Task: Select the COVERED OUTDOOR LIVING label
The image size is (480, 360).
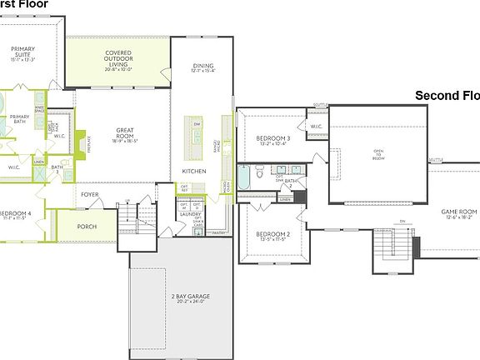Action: tap(117, 60)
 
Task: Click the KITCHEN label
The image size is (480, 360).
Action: tap(194, 171)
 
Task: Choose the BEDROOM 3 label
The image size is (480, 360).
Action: tap(272, 139)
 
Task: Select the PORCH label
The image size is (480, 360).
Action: tap(86, 226)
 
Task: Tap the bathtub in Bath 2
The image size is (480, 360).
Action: tap(243, 177)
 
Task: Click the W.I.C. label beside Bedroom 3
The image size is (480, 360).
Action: tap(316, 127)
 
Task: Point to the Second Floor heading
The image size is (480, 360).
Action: tap(447, 96)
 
